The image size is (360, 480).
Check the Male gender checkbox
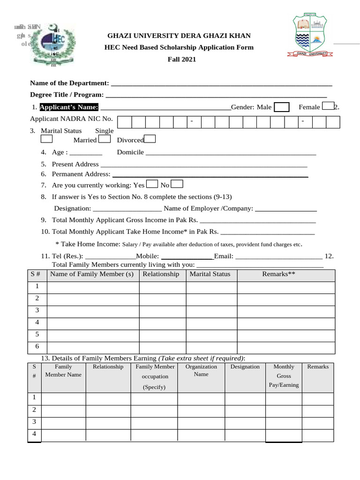[281, 107]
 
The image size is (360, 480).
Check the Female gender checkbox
[329, 106]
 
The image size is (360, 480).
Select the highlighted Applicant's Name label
[69, 107]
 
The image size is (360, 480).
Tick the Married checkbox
[105, 139]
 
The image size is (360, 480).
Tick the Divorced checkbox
[150, 139]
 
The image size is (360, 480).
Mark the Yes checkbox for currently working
[152, 184]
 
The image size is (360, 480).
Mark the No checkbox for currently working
[177, 184]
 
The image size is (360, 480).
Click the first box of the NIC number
[125, 122]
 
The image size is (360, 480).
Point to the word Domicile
[130, 152]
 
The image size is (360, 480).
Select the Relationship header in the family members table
[161, 274]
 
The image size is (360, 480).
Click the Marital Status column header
[210, 274]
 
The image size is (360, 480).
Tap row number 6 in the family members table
[37, 347]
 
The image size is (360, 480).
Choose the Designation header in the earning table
[245, 367]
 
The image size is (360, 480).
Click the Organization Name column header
[201, 370]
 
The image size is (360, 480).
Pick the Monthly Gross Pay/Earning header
[284, 376]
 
